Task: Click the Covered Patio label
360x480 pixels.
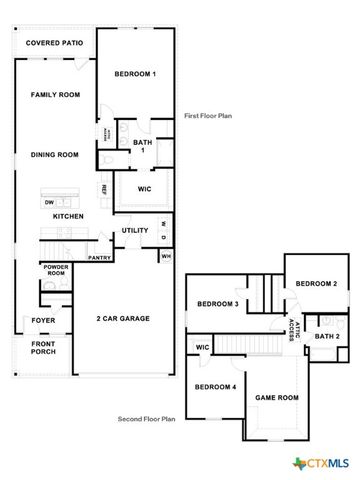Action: pyautogui.click(x=54, y=43)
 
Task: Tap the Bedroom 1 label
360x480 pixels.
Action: pyautogui.click(x=135, y=74)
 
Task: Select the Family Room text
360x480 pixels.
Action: pyautogui.click(x=54, y=95)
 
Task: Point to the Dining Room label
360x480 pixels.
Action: pyautogui.click(x=54, y=155)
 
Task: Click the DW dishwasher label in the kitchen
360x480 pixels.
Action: pyautogui.click(x=48, y=202)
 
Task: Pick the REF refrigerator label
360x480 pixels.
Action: pyautogui.click(x=103, y=189)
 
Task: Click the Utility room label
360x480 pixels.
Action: pyautogui.click(x=135, y=231)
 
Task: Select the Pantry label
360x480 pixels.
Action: pyautogui.click(x=99, y=258)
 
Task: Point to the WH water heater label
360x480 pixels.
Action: pyautogui.click(x=166, y=257)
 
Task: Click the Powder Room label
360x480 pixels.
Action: pyautogui.click(x=54, y=272)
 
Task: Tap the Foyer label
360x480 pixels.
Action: pyautogui.click(x=43, y=321)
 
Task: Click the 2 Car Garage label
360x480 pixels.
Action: pyautogui.click(x=123, y=318)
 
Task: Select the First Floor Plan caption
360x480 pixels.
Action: pyautogui.click(x=209, y=117)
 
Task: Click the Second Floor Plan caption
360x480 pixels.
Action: pyautogui.click(x=147, y=420)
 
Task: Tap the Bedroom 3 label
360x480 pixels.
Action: pyautogui.click(x=216, y=304)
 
